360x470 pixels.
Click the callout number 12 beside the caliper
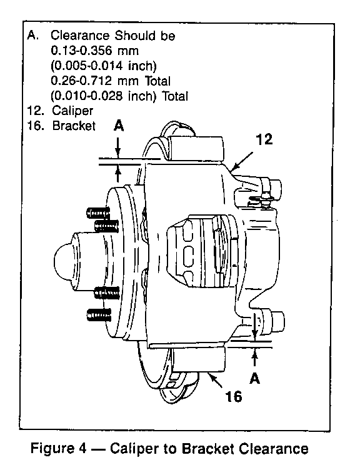[x=264, y=139]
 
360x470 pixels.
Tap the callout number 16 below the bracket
[x=234, y=396]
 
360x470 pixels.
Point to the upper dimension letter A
[x=119, y=126]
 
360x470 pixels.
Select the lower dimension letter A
[x=255, y=378]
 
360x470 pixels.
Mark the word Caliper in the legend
[x=72, y=111]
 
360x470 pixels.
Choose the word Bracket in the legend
[x=74, y=126]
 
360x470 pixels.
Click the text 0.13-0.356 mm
[x=95, y=51]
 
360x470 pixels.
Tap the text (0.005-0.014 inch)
[x=104, y=66]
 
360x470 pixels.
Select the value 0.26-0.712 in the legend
[x=81, y=81]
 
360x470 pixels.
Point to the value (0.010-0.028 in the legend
[x=87, y=96]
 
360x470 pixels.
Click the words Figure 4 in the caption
[x=59, y=449]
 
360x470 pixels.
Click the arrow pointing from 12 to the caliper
[x=242, y=161]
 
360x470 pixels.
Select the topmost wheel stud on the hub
[x=97, y=213]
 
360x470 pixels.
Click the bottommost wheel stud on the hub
[x=98, y=316]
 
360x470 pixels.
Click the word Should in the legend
[x=136, y=36]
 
